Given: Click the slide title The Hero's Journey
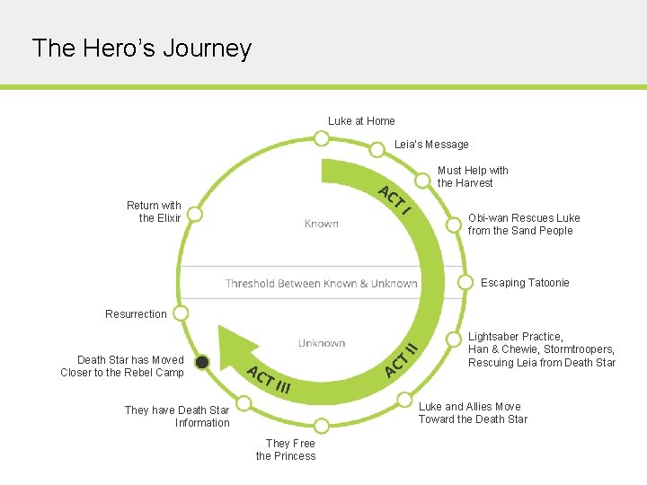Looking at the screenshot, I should [141, 48].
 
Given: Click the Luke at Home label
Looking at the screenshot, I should [361, 121].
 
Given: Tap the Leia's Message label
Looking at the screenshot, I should [431, 145].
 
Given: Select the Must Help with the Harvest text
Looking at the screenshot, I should [473, 176].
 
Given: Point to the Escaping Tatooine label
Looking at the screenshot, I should [525, 283].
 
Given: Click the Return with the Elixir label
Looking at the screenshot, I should [154, 212].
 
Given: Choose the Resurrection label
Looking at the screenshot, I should [136, 314].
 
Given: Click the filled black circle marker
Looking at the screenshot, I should [203, 362].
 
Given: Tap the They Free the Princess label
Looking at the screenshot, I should [286, 449].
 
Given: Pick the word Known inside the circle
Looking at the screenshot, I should [321, 224].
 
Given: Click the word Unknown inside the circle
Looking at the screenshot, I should [322, 343].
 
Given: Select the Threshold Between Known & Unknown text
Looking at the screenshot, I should [322, 284].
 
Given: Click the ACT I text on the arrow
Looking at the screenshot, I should [394, 200].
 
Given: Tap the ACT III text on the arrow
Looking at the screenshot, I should [269, 381].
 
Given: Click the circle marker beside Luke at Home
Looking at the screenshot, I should [321, 138].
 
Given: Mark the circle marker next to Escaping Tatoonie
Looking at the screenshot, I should [465, 282].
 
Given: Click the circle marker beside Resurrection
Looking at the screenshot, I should [181, 313].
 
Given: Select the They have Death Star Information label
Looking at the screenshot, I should [177, 417].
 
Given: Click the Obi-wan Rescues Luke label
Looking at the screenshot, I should [524, 225].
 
